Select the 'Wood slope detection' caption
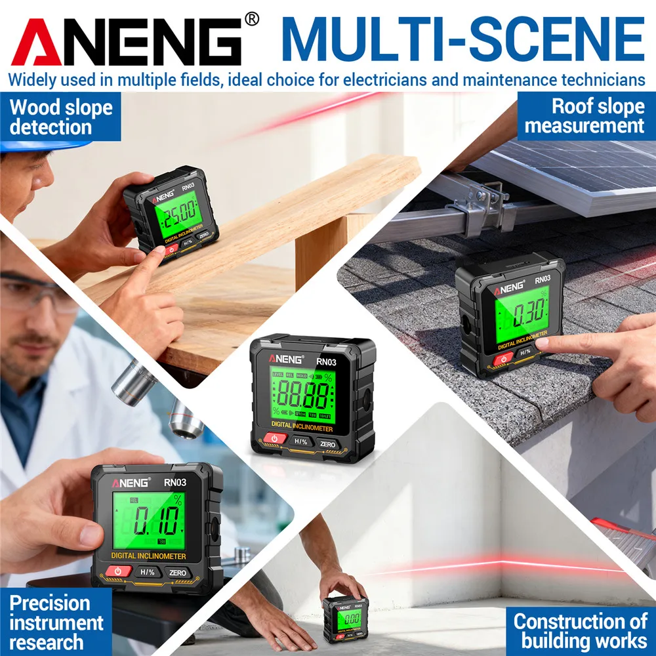coord(60,116)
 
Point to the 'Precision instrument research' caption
coord(56,621)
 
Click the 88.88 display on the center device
coord(302,396)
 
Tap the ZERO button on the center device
coord(328,444)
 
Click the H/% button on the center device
coord(301,441)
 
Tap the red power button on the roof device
coord(503,358)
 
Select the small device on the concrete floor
coord(345,618)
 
